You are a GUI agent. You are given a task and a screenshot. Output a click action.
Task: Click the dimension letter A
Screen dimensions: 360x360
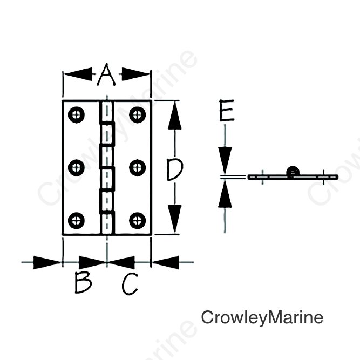106,74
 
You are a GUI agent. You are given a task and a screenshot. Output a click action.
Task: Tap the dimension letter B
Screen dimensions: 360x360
83,282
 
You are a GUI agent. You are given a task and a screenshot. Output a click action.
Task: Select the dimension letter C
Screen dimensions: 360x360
130,283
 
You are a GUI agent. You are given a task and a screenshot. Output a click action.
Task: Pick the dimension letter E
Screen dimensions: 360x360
227,110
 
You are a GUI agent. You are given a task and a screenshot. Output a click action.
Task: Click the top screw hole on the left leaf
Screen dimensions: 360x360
76,114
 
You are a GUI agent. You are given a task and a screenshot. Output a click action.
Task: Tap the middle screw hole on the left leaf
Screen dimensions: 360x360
76,168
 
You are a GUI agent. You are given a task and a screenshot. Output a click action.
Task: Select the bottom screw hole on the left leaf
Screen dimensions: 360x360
76,221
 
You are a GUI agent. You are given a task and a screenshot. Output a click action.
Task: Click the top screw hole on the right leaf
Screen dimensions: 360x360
137,114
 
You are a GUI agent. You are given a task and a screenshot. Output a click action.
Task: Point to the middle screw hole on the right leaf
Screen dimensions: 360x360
137,168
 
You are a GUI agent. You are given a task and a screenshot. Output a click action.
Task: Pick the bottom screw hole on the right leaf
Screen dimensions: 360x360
137,221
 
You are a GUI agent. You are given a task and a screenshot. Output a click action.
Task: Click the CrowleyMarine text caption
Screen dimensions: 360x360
262,318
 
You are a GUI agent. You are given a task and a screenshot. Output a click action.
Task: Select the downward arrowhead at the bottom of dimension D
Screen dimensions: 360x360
175,219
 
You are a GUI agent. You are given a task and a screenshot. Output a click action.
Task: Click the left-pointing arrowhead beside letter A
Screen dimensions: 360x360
78,74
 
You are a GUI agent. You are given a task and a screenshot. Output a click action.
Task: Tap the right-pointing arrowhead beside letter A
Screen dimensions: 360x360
135,74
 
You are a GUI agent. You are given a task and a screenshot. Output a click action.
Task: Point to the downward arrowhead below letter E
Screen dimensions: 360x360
225,160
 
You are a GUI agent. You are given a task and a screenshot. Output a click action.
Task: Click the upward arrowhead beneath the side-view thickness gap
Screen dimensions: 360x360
225,194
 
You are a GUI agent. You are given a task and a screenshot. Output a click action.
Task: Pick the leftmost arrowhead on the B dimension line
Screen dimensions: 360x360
47,262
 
